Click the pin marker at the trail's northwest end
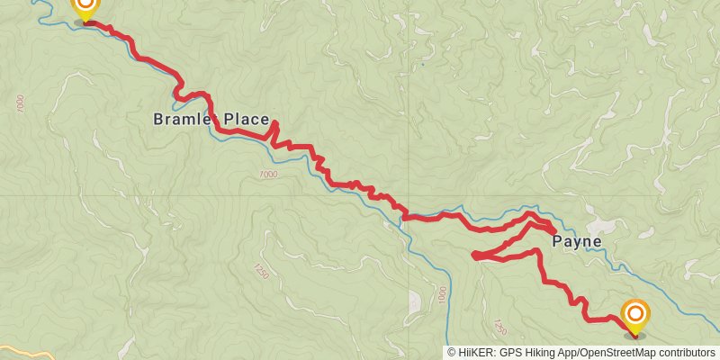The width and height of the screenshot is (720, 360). (x=84, y=7)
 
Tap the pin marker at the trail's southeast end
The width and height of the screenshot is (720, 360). (x=635, y=316)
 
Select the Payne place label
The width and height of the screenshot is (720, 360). (x=576, y=241)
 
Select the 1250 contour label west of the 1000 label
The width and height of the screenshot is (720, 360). (x=262, y=271)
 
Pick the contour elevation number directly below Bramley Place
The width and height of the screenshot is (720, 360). (x=267, y=175)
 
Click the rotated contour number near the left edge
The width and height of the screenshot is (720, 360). (x=21, y=103)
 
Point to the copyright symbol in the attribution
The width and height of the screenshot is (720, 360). (x=452, y=353)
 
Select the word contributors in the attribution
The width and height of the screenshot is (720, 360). (x=688, y=353)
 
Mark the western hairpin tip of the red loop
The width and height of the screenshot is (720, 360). (x=474, y=256)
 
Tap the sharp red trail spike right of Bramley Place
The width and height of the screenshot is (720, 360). (x=274, y=123)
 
